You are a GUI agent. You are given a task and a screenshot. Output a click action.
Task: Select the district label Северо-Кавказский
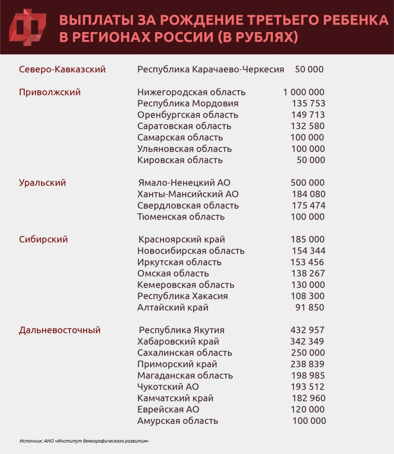coord(62,69)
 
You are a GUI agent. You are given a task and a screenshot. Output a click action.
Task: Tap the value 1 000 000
coord(304,92)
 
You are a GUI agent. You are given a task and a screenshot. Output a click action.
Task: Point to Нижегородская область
coord(191,92)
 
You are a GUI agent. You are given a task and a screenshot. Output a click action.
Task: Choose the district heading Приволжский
coord(50,92)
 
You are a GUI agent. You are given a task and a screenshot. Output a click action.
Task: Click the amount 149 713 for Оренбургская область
coord(308,115)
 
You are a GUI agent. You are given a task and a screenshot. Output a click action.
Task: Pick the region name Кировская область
coord(180,160)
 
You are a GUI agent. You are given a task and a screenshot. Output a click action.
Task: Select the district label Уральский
coord(42,183)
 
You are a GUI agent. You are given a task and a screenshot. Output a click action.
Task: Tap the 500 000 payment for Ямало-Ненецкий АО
coord(308,183)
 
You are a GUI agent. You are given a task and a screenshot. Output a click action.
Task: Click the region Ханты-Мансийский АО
coord(188,194)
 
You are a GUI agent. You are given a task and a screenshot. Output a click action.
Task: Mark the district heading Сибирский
coord(43,239)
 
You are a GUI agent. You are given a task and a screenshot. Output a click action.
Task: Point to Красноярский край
coord(182,239)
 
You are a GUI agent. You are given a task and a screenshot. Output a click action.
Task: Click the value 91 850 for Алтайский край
coord(310,307)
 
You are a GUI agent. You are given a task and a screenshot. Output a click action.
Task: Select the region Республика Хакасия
coord(182,296)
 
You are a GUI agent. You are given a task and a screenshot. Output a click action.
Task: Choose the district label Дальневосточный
coord(60,330)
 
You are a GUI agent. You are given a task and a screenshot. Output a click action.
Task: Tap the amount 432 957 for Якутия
coord(308,330)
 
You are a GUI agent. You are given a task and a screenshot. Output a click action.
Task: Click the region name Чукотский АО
coord(168,387)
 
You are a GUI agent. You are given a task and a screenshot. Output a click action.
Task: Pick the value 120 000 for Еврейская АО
coord(308,409)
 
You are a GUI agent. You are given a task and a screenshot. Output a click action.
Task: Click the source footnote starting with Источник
coord(84,441)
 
